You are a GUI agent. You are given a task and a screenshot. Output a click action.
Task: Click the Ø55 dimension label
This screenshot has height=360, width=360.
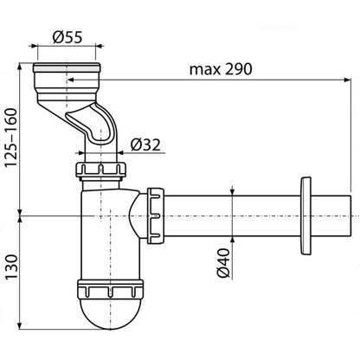pos(67,37)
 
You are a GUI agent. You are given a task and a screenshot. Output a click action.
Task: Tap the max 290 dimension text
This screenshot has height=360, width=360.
pos(221,69)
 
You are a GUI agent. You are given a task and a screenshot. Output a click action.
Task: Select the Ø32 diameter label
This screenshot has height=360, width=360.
pos(145,145)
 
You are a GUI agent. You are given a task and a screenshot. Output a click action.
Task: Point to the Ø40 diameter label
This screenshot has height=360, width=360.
pos(224,263)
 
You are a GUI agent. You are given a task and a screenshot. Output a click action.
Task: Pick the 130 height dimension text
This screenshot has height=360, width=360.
pos(11,267)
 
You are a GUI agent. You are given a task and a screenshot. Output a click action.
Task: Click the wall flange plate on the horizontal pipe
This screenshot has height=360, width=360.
pos(305,215)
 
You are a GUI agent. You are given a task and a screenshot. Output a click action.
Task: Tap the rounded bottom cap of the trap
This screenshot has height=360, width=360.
pos(110,314)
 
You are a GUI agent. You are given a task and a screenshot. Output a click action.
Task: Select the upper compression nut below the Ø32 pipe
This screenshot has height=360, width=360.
pos(101,170)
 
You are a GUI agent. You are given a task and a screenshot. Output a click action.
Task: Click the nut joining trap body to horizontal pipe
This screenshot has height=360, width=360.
pos(156,215)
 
